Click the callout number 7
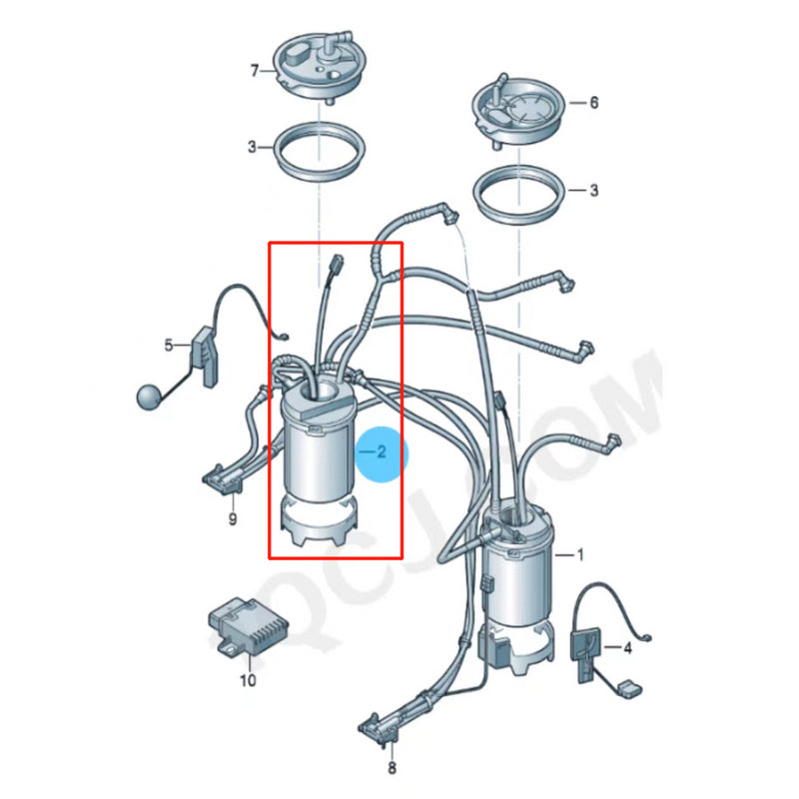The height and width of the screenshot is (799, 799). pyautogui.click(x=255, y=70)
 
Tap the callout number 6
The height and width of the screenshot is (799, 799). pyautogui.click(x=593, y=103)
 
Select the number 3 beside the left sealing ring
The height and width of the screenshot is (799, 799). pyautogui.click(x=253, y=147)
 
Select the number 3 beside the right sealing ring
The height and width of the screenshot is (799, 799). pyautogui.click(x=593, y=189)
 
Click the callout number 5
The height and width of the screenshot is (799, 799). pyautogui.click(x=169, y=346)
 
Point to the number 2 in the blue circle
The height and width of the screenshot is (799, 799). pyautogui.click(x=380, y=452)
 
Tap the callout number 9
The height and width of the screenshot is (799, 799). pyautogui.click(x=232, y=519)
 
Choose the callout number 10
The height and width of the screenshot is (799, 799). pyautogui.click(x=247, y=681)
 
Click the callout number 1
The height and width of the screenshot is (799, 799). pyautogui.click(x=582, y=553)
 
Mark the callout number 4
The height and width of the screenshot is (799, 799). pyautogui.click(x=627, y=648)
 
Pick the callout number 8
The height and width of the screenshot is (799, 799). pyautogui.click(x=392, y=768)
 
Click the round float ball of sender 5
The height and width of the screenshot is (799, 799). pyautogui.click(x=147, y=397)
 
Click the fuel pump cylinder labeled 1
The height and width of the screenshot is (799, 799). pyautogui.click(x=517, y=589)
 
